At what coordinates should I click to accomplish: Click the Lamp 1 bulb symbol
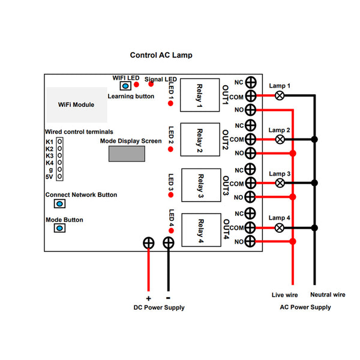click(280, 95)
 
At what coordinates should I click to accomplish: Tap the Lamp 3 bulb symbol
click(280, 183)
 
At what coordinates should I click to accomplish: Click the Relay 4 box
click(201, 230)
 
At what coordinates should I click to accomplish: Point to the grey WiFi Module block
click(77, 104)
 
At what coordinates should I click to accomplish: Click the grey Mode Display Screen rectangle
click(127, 154)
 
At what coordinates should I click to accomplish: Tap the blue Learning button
click(125, 86)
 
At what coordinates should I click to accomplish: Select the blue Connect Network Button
click(59, 203)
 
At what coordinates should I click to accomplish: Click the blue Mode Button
click(59, 228)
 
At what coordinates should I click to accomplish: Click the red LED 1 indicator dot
click(170, 104)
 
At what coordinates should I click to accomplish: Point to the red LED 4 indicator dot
click(171, 230)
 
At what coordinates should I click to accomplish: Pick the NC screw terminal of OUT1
click(251, 82)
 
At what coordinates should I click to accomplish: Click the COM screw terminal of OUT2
click(250, 139)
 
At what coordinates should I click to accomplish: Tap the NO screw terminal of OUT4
click(250, 241)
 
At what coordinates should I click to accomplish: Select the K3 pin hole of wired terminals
click(59, 155)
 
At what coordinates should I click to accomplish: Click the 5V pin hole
click(59, 176)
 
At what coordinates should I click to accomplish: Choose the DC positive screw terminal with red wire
click(149, 243)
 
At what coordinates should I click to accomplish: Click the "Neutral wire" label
click(328, 295)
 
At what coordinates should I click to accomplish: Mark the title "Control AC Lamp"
click(161, 55)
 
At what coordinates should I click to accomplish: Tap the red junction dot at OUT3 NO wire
click(293, 197)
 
